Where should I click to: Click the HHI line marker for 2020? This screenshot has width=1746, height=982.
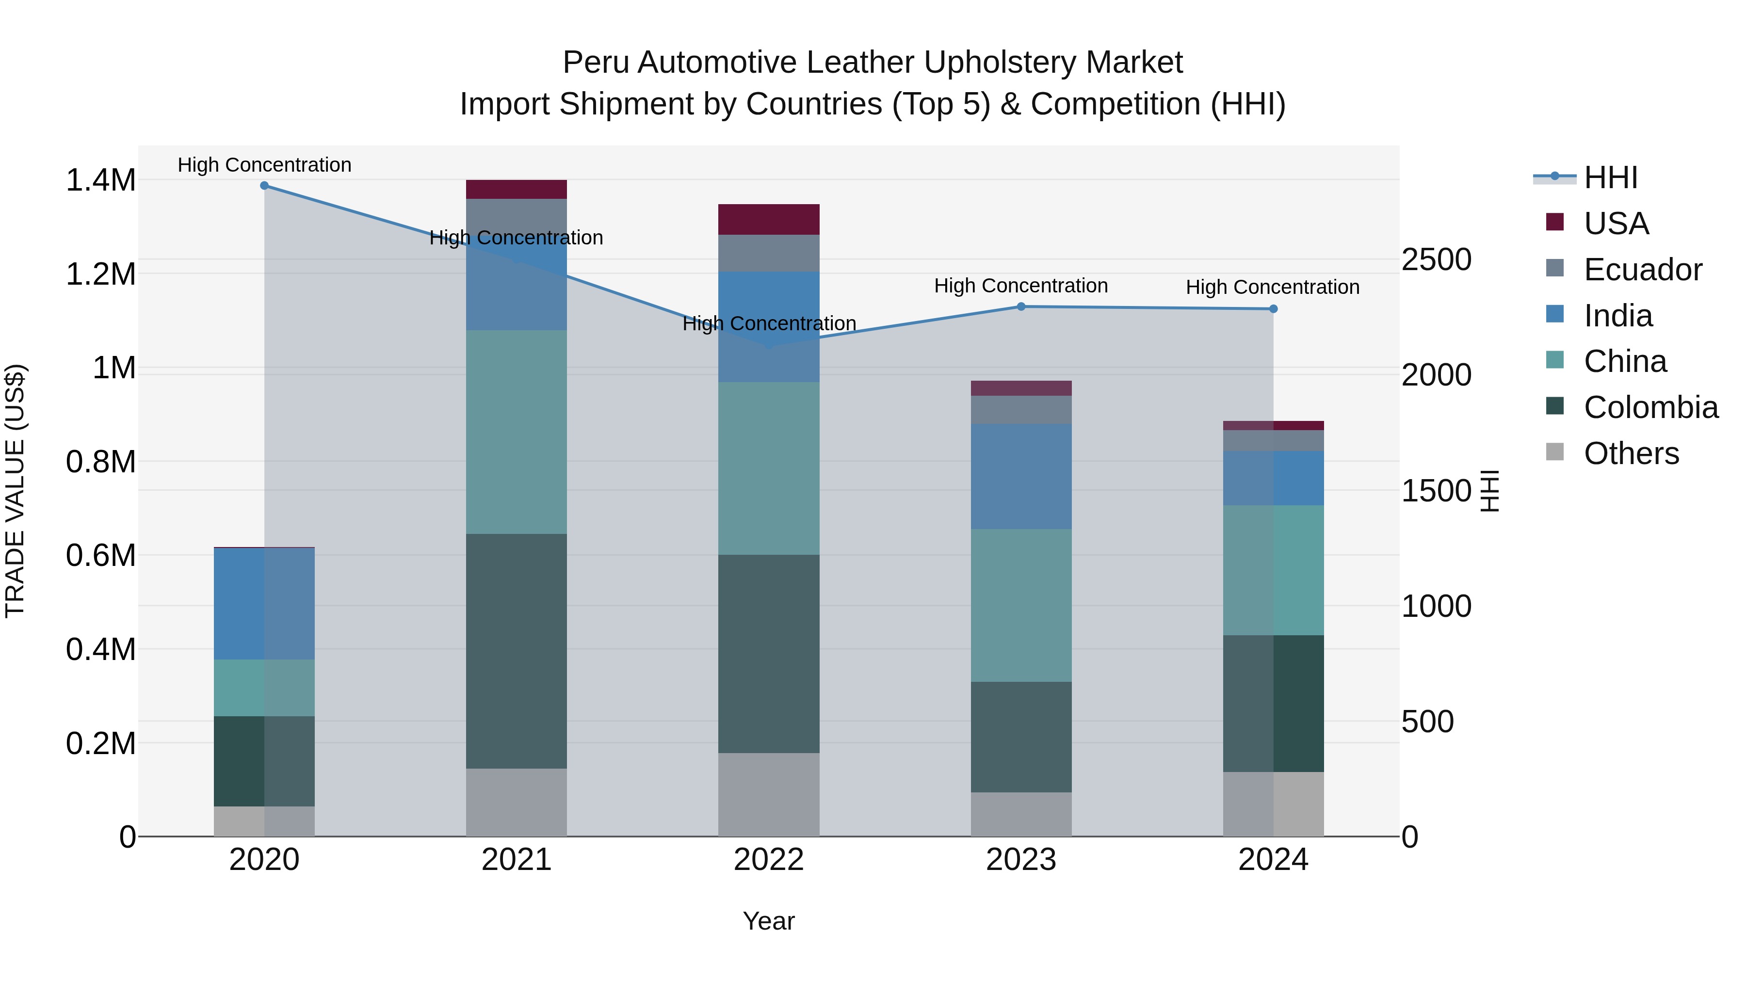click(x=264, y=186)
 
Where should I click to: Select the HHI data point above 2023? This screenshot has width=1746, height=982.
click(x=1021, y=306)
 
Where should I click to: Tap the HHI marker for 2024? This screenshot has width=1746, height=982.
click(x=1273, y=309)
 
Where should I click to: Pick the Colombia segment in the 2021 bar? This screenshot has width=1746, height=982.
click(x=517, y=651)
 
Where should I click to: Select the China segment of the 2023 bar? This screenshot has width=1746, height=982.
click(x=1021, y=605)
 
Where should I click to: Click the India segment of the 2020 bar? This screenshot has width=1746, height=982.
click(x=264, y=603)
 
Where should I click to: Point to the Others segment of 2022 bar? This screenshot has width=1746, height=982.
click(x=769, y=794)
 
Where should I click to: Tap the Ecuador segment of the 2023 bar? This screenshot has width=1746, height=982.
click(x=1021, y=410)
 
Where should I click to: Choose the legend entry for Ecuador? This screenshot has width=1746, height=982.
click(x=1642, y=270)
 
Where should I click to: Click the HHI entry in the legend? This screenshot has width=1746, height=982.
click(x=1610, y=177)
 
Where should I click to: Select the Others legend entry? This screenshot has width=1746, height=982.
click(x=1630, y=453)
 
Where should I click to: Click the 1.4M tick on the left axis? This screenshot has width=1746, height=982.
click(x=100, y=181)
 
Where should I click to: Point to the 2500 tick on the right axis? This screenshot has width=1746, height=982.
click(x=1436, y=259)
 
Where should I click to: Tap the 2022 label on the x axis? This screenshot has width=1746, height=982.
click(x=769, y=860)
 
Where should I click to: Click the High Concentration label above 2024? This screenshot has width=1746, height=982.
click(x=1272, y=288)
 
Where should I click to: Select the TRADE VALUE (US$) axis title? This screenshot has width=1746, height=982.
click(x=15, y=491)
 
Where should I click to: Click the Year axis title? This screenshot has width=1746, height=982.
click(x=769, y=921)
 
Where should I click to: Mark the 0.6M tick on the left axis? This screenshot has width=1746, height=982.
click(x=100, y=556)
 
